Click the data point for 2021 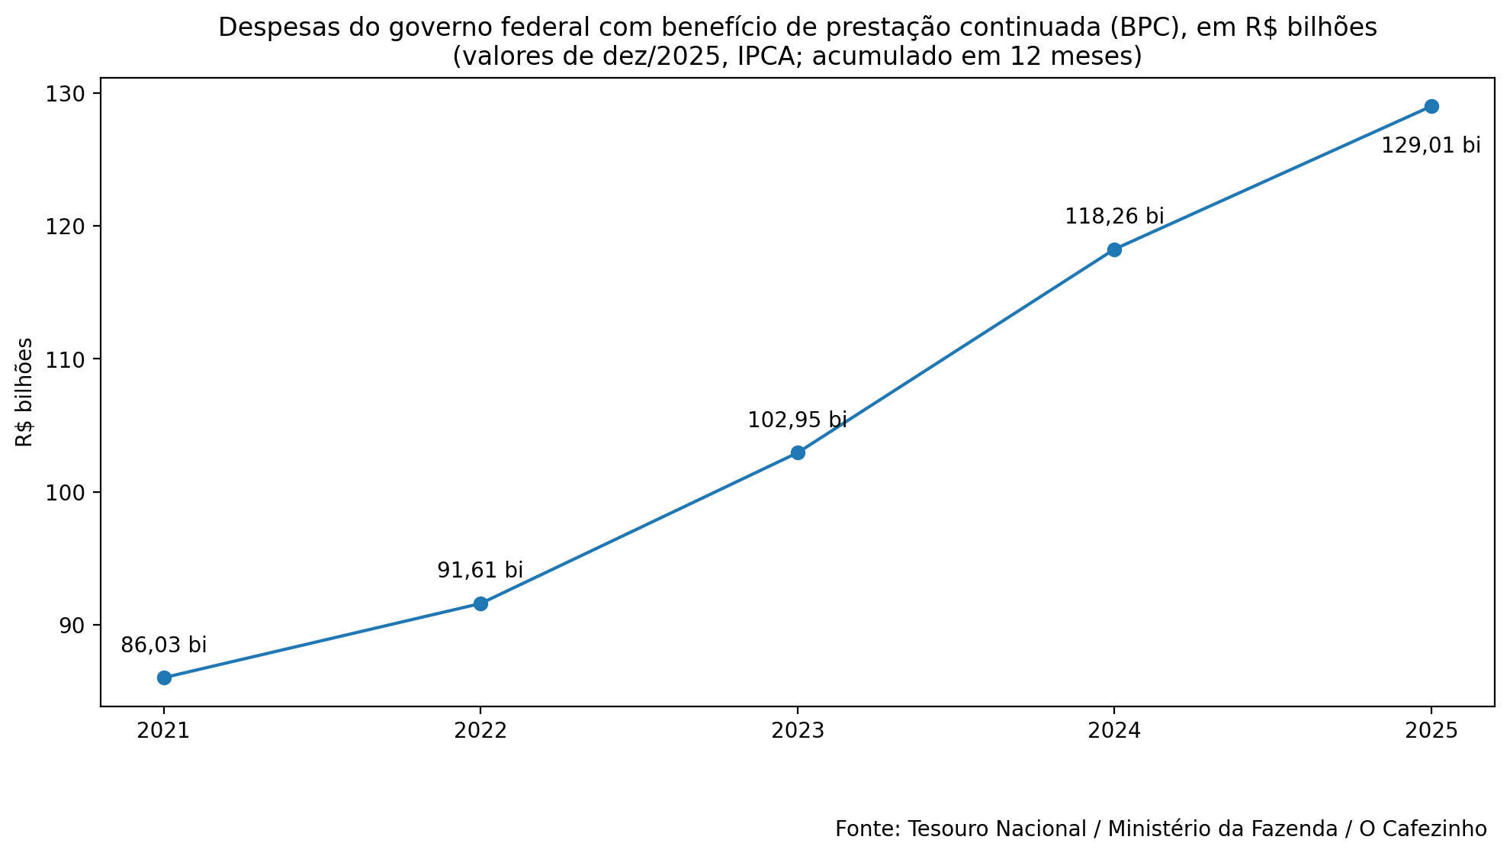tap(164, 677)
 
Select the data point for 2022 tap(480, 603)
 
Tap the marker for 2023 tap(798, 452)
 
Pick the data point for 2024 tap(1114, 249)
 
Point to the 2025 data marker tap(1431, 106)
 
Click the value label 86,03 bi tap(164, 645)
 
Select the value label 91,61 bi tap(480, 571)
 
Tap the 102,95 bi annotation tap(797, 420)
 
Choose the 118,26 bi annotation tap(1114, 217)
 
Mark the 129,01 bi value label tap(1431, 146)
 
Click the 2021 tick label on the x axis tap(163, 731)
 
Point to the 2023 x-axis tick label tap(798, 731)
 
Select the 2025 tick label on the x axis tap(1431, 731)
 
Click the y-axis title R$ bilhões tap(25, 392)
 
